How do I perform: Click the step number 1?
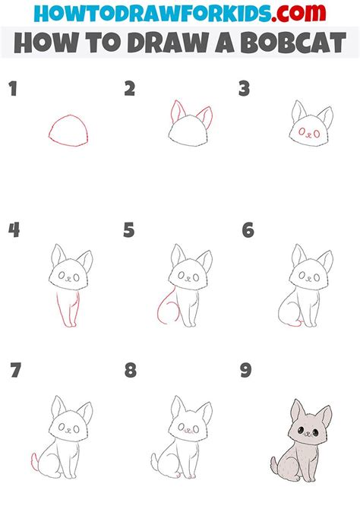tap(12, 90)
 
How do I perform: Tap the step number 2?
tap(130, 90)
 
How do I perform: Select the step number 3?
tap(245, 90)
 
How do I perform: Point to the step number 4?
tap(14, 229)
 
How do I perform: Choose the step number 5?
tap(130, 229)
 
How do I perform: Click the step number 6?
tap(248, 229)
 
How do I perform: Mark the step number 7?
tap(14, 371)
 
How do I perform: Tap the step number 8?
tap(131, 371)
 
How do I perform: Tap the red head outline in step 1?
tap(68, 131)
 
